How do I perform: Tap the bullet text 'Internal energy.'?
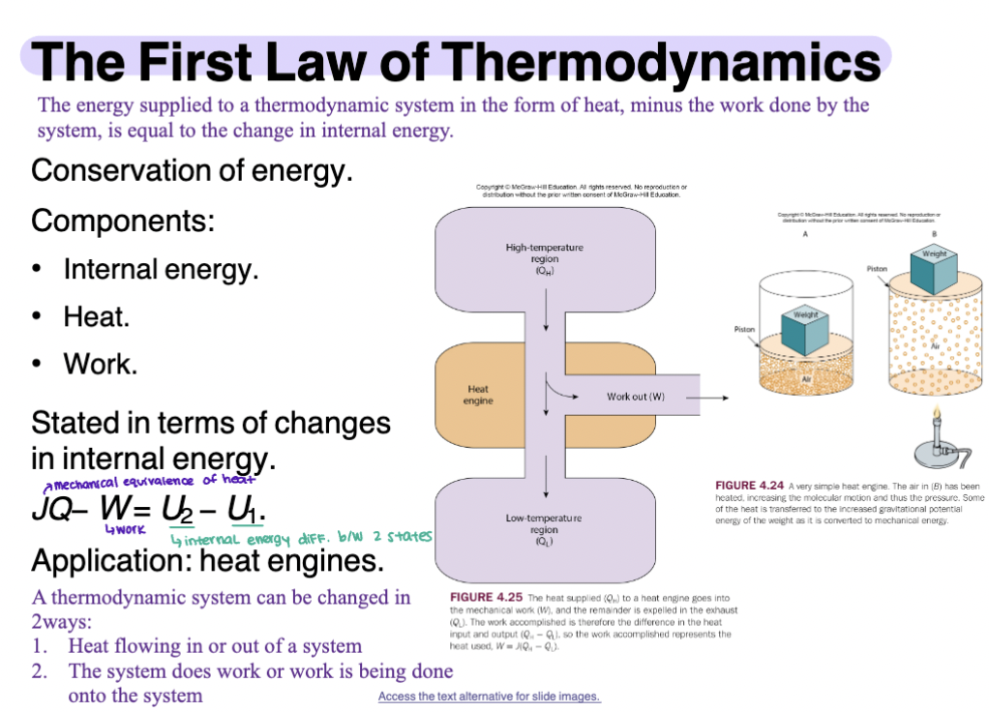[x=161, y=268]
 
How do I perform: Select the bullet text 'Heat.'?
[x=96, y=316]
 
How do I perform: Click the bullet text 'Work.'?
[x=100, y=364]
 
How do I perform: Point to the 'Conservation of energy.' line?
[x=192, y=171]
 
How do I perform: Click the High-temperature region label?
[x=544, y=258]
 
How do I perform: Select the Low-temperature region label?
[x=544, y=530]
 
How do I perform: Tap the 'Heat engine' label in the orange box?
[x=478, y=395]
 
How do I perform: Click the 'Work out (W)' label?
[x=636, y=396]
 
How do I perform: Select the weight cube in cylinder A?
[x=803, y=330]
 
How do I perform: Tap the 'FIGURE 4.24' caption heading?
[x=749, y=486]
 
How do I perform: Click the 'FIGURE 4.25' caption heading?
[x=485, y=598]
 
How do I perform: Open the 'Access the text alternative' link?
[x=489, y=697]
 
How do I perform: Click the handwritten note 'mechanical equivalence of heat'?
[x=145, y=481]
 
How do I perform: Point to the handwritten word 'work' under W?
[x=125, y=529]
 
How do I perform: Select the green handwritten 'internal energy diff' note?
[x=300, y=538]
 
